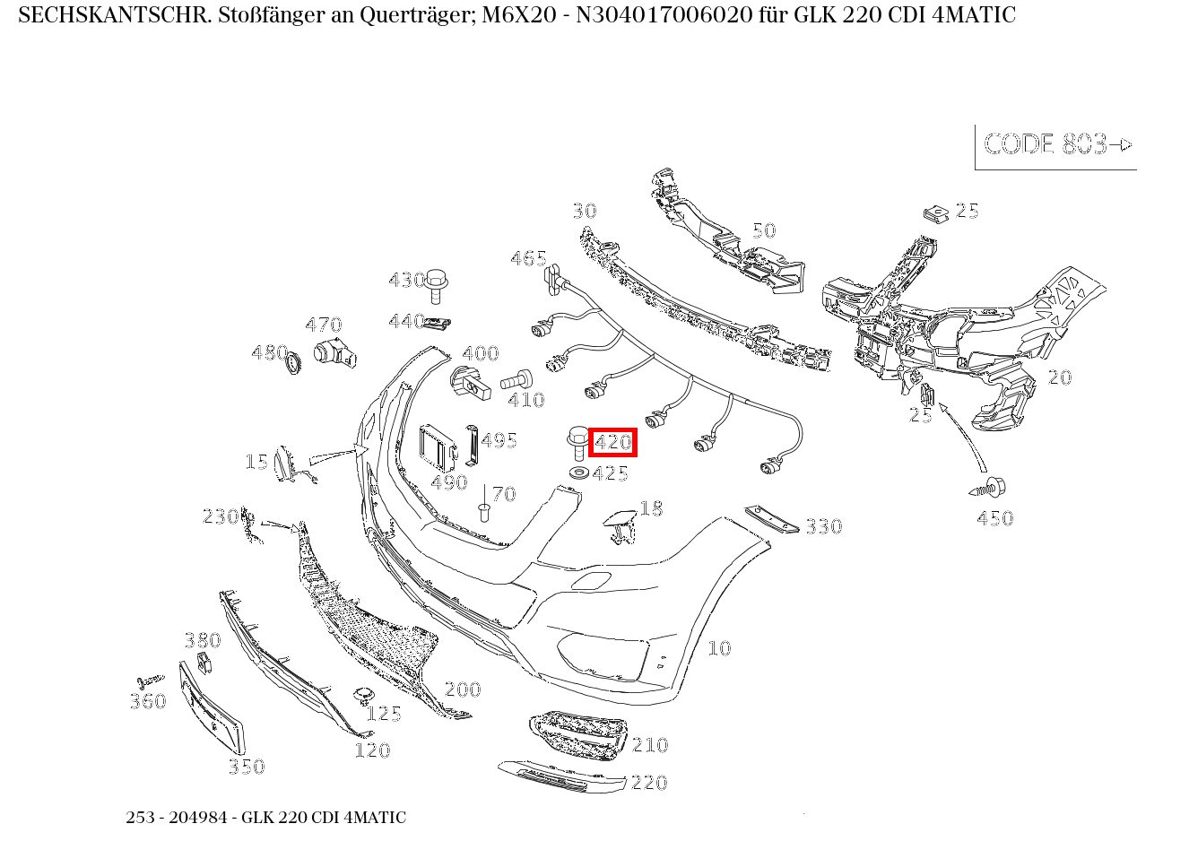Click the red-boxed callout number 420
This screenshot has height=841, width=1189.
tap(612, 442)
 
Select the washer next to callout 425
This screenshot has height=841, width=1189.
tap(578, 472)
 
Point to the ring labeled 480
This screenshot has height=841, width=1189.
tap(293, 363)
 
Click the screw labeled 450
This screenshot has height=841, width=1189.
tap(989, 489)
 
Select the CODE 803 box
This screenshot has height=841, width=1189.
tap(1056, 145)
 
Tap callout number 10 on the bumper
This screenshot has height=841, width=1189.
tap(719, 648)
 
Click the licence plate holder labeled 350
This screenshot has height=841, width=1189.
tap(213, 707)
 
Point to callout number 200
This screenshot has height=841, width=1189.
tap(463, 689)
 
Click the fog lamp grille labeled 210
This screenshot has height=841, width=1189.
tap(574, 735)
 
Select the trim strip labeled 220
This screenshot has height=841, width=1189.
tap(561, 776)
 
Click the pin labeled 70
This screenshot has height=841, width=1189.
tap(483, 508)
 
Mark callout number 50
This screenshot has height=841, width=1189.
tap(763, 230)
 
